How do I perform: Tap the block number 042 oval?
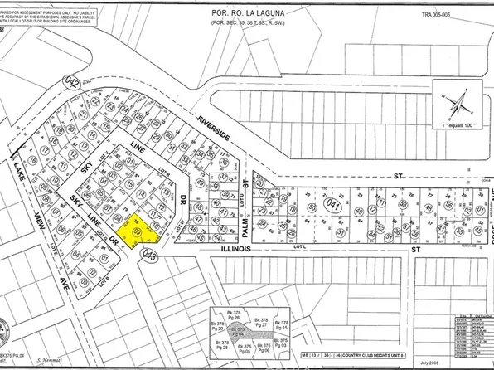pyautogui.click(x=73, y=83)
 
